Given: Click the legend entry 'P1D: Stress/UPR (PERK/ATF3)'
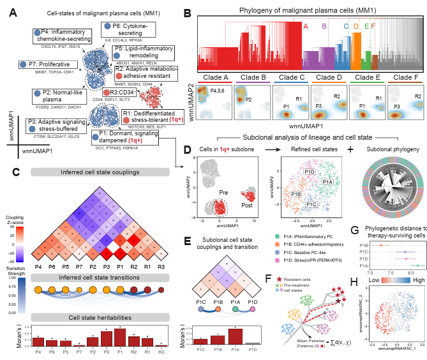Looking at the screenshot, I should (316, 250).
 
